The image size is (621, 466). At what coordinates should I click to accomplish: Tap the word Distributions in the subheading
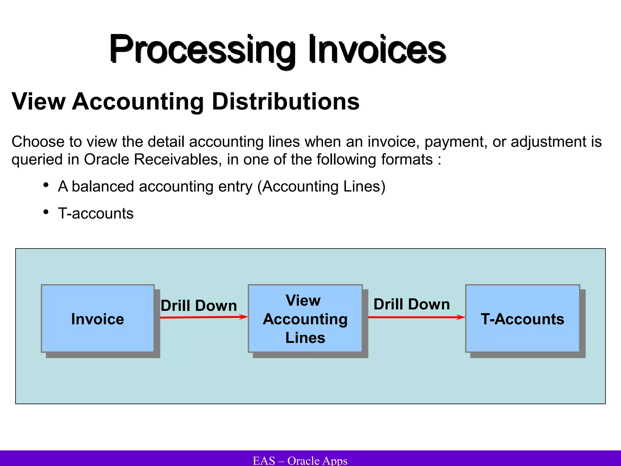pos(285,101)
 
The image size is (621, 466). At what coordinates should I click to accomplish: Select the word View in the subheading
pos(39,101)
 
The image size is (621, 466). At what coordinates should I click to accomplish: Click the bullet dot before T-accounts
pos(46,212)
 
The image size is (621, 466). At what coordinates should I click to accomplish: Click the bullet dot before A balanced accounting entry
pos(46,185)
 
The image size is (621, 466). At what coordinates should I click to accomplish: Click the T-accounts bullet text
pos(96,213)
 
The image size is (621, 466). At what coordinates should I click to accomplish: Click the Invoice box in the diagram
pos(98,319)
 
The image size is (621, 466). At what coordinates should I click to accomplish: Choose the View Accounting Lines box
pos(305,319)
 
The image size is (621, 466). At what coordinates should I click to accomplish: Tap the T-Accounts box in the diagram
pos(522,319)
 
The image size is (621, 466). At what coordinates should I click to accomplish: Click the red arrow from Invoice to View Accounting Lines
pos(203,317)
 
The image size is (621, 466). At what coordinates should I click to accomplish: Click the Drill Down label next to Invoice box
pos(199,305)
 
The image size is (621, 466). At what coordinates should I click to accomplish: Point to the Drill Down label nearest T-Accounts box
pos(411,304)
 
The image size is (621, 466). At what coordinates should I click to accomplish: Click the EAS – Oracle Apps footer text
pos(300,460)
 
